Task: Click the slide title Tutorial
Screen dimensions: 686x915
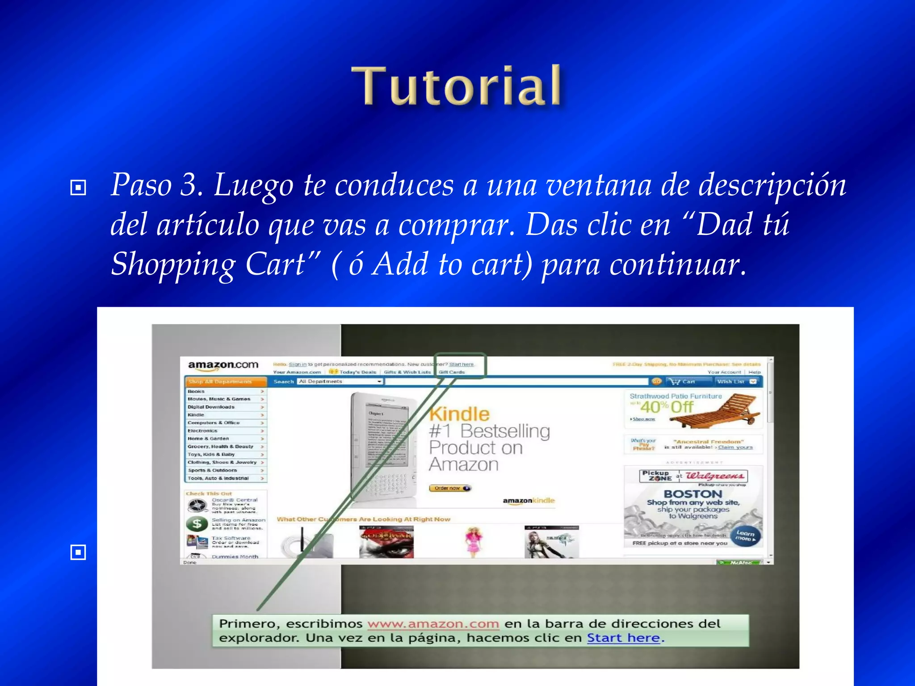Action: pos(457,86)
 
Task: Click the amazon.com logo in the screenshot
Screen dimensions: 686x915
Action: pos(223,365)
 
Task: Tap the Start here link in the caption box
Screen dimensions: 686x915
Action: pos(623,638)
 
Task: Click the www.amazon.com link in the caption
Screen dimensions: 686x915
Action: pos(433,623)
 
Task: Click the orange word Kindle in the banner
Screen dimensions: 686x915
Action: pos(459,414)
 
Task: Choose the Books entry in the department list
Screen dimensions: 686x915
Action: pos(197,391)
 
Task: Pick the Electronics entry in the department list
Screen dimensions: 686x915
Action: pos(202,431)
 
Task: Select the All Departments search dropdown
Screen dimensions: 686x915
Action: pos(340,381)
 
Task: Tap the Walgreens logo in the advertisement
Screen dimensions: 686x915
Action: pos(715,476)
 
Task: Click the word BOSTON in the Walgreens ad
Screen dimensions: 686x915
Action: pos(693,494)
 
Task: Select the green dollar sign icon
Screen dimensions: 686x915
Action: pos(197,523)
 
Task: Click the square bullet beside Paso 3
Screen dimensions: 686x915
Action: pos(78,188)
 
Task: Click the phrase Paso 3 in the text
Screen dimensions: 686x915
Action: pos(156,184)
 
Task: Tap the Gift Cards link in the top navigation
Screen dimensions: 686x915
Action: pos(452,372)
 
